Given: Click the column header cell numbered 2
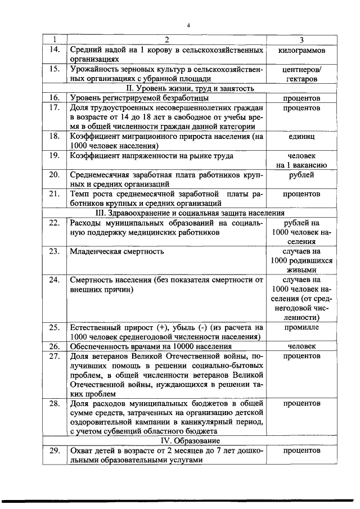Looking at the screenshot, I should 166,40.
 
